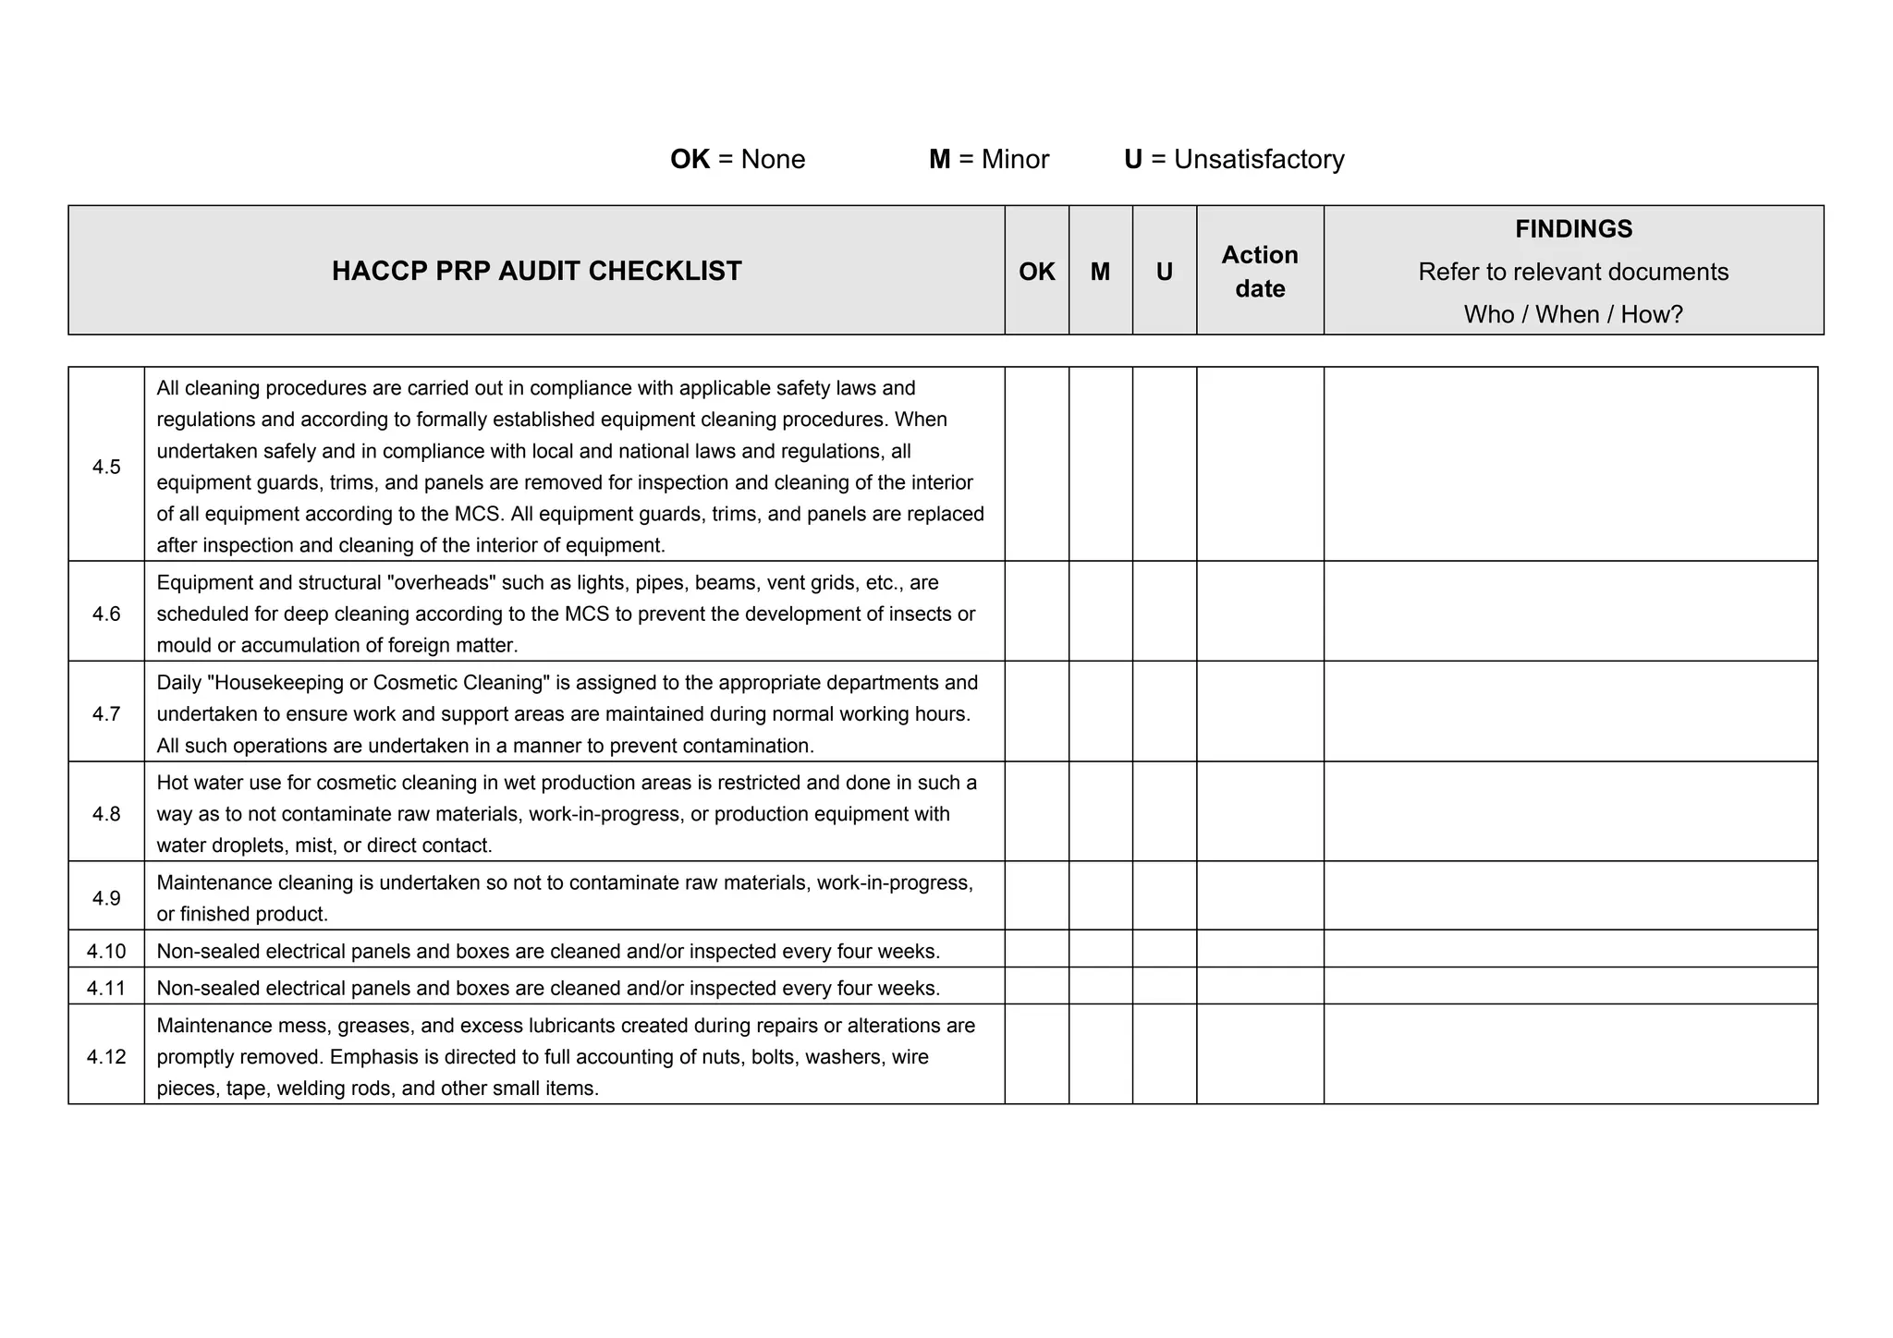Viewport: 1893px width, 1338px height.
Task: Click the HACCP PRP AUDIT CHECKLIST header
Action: [536, 271]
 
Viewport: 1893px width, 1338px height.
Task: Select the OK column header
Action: [1036, 271]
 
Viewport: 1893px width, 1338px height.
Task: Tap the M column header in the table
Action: [1100, 271]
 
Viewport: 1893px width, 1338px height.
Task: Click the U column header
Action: [1164, 271]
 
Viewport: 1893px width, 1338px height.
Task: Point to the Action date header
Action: [1259, 271]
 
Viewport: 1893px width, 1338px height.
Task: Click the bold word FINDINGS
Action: [1573, 228]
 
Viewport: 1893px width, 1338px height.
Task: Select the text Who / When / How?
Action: [1573, 314]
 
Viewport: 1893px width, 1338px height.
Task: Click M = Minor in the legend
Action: [988, 159]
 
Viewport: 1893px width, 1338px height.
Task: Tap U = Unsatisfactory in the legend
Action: [1233, 159]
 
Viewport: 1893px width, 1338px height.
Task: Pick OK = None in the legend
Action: [737, 159]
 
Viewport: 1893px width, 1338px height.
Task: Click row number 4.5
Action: [106, 467]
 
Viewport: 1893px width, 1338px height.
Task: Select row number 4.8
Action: [106, 813]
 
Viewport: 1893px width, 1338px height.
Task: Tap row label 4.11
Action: [106, 988]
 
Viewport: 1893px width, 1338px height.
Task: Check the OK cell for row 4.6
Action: [1036, 612]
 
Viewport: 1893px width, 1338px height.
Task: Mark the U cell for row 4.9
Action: [1164, 896]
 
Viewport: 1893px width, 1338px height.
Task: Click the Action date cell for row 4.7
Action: [1259, 712]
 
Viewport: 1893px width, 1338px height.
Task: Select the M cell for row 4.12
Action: [1100, 1054]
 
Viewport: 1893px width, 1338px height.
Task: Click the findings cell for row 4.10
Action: [1569, 949]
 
